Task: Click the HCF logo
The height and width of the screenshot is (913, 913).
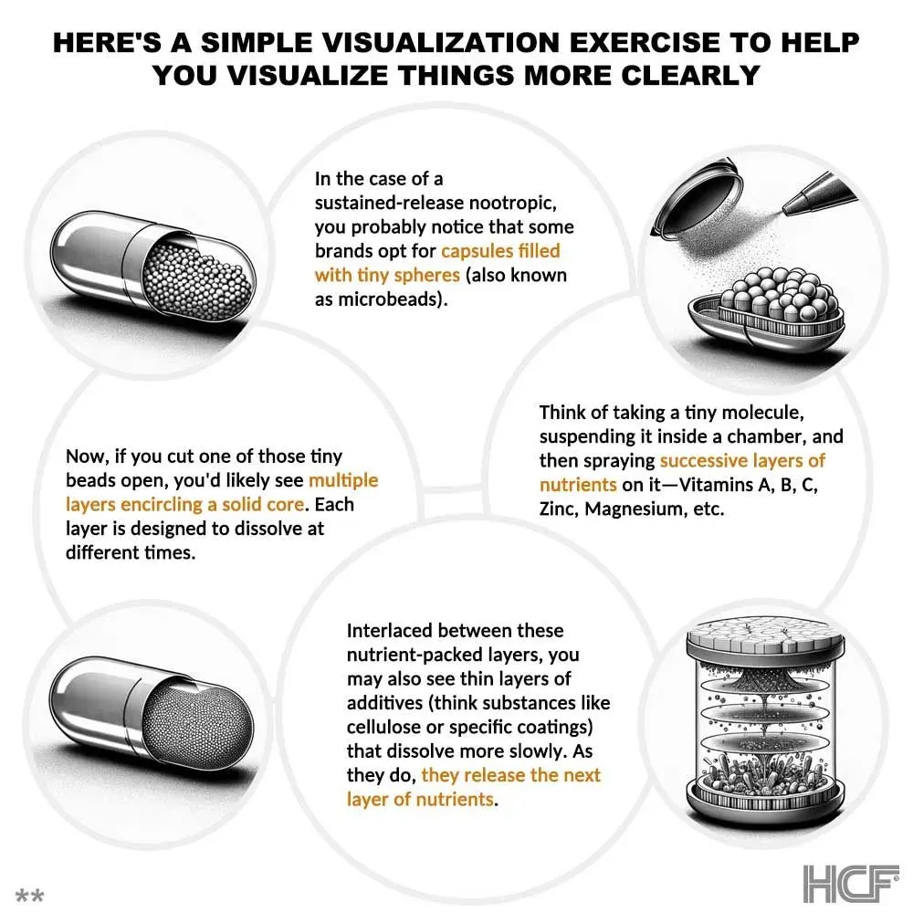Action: click(851, 883)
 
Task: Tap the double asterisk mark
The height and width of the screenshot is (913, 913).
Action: click(29, 895)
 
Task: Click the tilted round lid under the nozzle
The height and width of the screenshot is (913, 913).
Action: click(698, 198)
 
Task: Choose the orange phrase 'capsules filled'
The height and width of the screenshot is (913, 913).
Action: click(500, 250)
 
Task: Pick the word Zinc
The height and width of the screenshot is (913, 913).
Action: click(559, 509)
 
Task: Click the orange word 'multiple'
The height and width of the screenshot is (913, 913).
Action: click(343, 480)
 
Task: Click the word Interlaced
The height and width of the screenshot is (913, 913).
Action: click(389, 630)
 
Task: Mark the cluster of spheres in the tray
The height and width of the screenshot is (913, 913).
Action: click(774, 294)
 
